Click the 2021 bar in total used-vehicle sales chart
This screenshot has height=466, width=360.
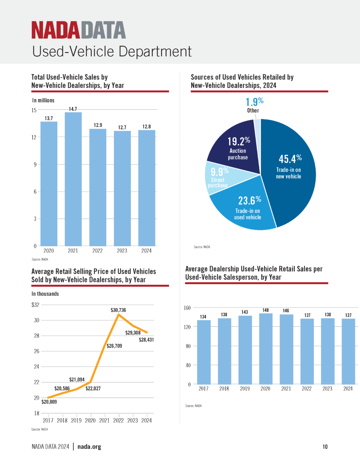pyautogui.click(x=73, y=179)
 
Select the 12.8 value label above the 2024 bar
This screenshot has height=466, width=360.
pyautogui.click(x=147, y=126)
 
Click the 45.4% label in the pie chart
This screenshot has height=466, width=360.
pyautogui.click(x=290, y=159)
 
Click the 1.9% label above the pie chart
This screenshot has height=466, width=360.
pyautogui.click(x=255, y=102)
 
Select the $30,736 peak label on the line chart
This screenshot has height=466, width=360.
pyautogui.click(x=118, y=310)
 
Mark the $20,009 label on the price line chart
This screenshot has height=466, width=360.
pyautogui.click(x=49, y=402)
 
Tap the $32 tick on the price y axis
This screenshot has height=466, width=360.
pyautogui.click(x=35, y=305)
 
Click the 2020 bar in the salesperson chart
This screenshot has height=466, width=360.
pyautogui.click(x=266, y=349)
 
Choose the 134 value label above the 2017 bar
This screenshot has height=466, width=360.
pyautogui.click(x=203, y=317)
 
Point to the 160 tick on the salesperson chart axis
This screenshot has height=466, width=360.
pyautogui.click(x=187, y=308)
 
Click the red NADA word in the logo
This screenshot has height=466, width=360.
pyautogui.click(x=56, y=30)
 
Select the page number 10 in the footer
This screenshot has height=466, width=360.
pyautogui.click(x=325, y=447)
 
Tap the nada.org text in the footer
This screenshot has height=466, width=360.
pyautogui.click(x=89, y=447)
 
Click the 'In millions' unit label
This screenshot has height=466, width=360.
pyautogui.click(x=43, y=100)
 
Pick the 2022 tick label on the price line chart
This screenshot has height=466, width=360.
pyautogui.click(x=119, y=421)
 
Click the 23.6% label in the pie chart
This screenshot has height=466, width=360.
pyautogui.click(x=250, y=200)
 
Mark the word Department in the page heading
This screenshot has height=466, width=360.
pyautogui.click(x=155, y=51)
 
